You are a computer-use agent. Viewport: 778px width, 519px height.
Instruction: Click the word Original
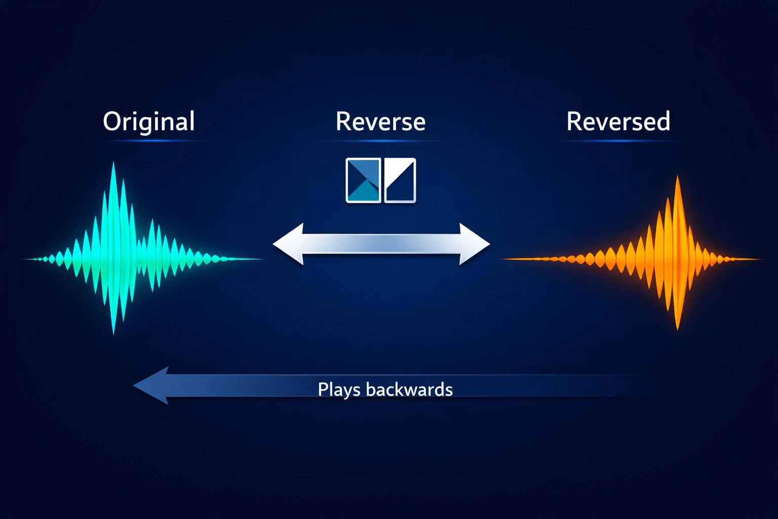tap(148, 122)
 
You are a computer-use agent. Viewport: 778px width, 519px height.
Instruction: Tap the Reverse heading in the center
tap(380, 122)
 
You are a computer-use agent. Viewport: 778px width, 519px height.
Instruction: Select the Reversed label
tap(618, 122)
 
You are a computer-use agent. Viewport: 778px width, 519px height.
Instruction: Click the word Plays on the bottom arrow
tap(339, 390)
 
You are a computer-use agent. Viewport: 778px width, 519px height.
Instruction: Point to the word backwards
tap(409, 389)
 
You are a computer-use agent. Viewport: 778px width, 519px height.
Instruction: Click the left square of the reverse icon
tap(363, 180)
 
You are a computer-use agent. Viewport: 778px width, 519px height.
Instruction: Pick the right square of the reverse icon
tap(400, 180)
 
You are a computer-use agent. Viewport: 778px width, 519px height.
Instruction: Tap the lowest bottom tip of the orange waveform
tap(678, 328)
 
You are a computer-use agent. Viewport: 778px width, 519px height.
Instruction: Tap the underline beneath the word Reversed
tap(618, 141)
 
